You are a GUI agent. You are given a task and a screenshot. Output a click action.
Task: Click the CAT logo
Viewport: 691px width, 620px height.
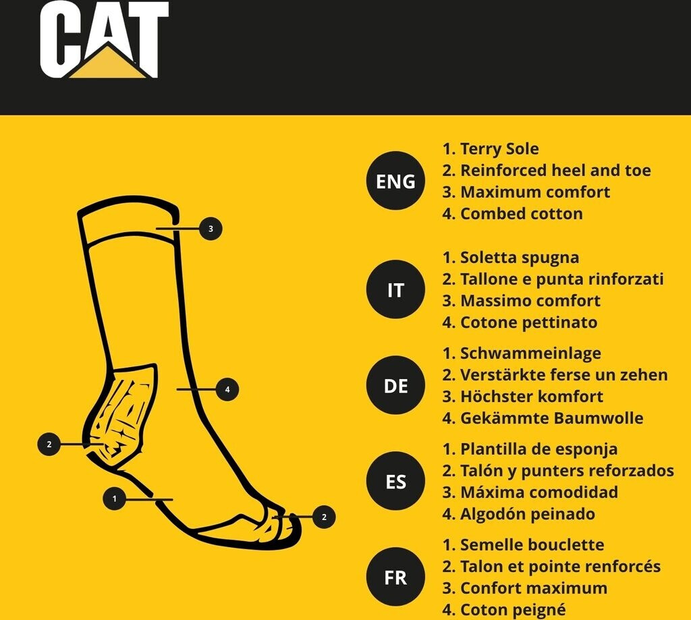tap(105, 40)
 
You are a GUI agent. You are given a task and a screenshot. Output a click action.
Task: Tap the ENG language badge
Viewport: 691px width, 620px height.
tap(395, 181)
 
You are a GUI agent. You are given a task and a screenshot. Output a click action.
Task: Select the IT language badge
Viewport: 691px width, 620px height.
tap(395, 289)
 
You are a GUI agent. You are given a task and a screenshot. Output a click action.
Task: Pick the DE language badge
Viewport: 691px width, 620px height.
tap(395, 386)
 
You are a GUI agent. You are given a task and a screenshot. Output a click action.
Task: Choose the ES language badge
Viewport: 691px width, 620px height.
tap(395, 481)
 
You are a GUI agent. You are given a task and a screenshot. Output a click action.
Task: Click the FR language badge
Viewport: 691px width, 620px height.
tap(395, 577)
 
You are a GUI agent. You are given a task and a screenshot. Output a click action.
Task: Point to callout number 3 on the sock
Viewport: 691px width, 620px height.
tap(211, 229)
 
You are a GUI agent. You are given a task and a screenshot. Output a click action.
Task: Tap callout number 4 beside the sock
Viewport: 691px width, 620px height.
tap(227, 389)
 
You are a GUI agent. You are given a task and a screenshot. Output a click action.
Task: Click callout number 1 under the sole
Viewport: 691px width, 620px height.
tap(115, 499)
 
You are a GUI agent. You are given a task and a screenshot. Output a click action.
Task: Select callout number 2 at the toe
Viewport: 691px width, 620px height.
tap(324, 517)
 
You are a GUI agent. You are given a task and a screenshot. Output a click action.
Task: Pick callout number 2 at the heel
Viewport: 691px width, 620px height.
tap(49, 444)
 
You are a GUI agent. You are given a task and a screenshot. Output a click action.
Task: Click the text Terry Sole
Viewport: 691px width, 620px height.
tap(499, 149)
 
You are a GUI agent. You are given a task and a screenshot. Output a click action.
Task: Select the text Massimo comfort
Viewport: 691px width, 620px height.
tap(530, 300)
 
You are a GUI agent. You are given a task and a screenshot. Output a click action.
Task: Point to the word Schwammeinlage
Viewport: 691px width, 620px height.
tap(530, 353)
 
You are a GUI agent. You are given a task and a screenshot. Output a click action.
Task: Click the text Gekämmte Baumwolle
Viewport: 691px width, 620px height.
tap(552, 418)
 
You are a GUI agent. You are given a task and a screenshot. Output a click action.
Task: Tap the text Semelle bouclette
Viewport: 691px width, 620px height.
tap(532, 544)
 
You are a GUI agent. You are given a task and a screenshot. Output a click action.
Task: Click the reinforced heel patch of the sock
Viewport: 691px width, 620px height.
tap(120, 416)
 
